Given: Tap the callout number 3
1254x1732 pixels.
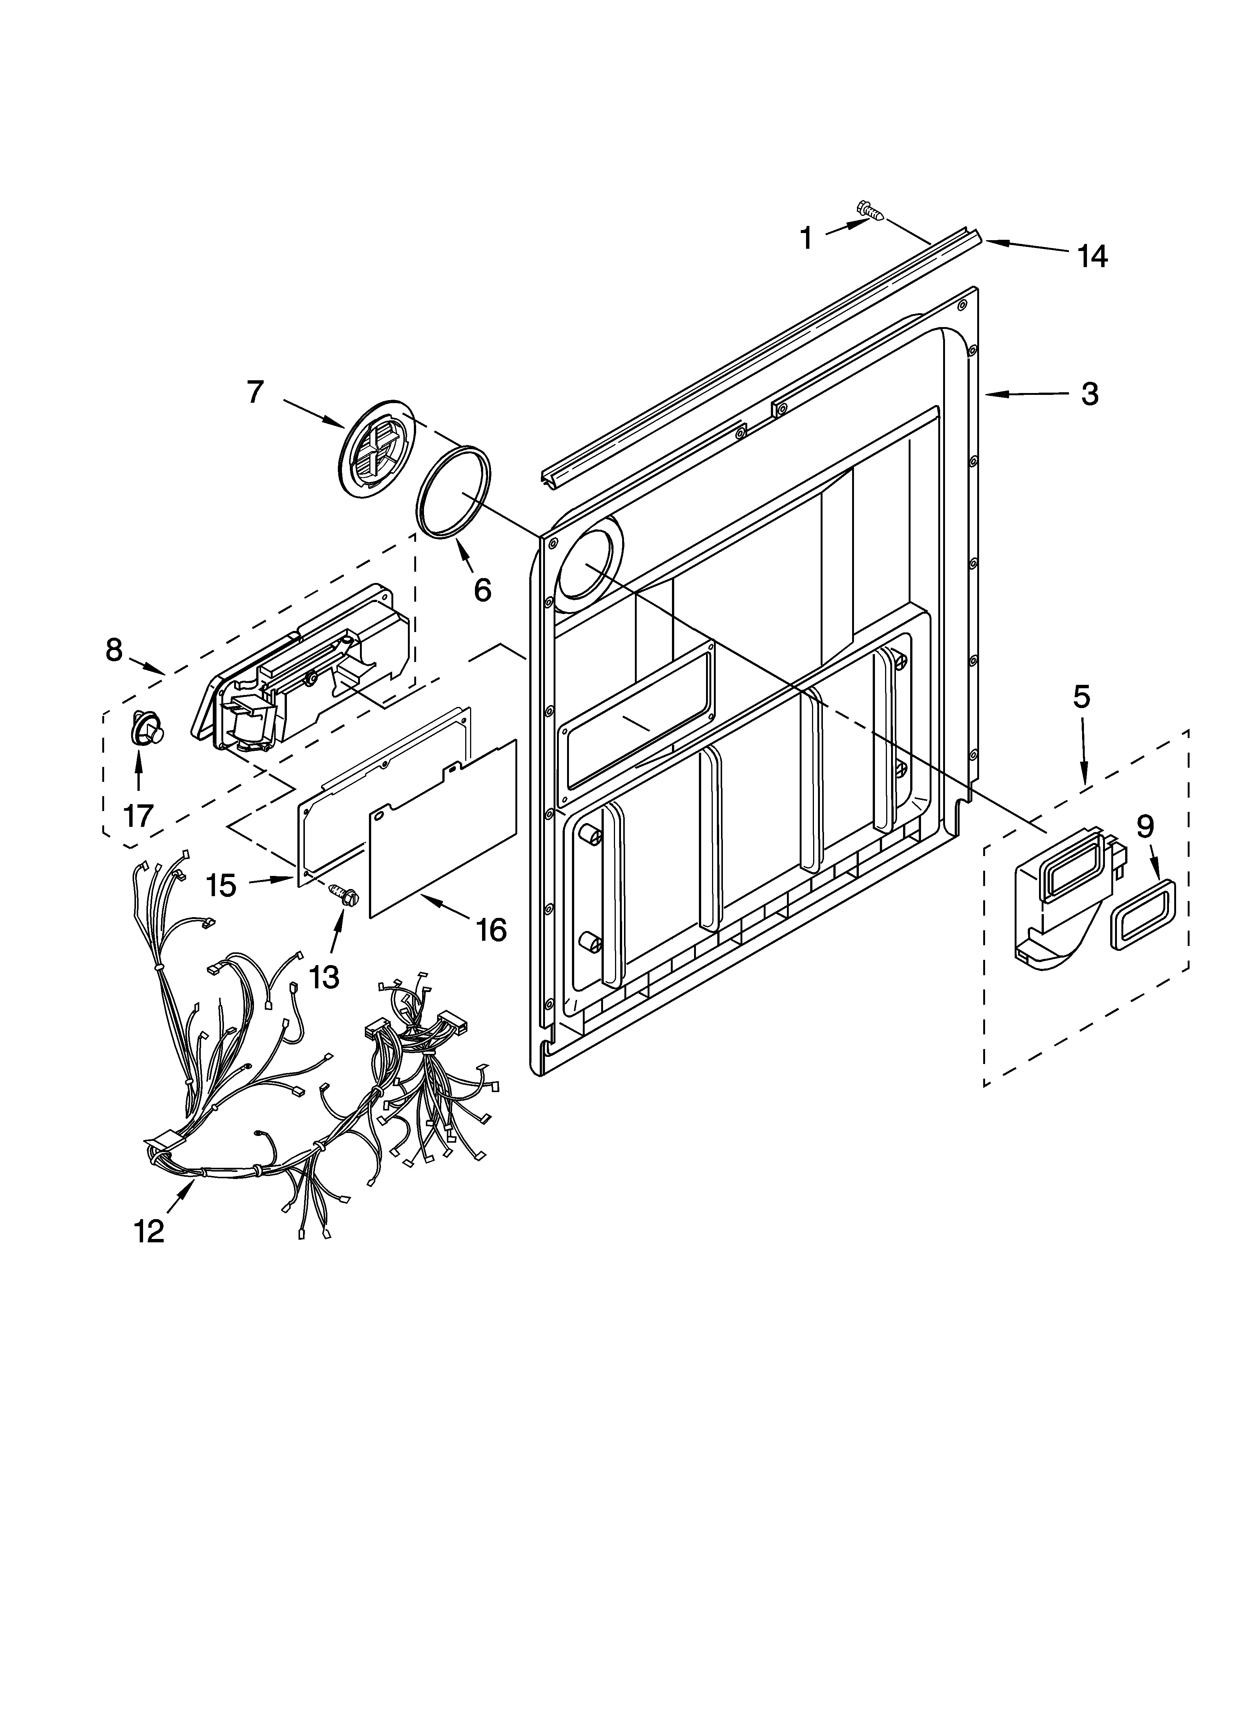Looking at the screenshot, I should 1090,394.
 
